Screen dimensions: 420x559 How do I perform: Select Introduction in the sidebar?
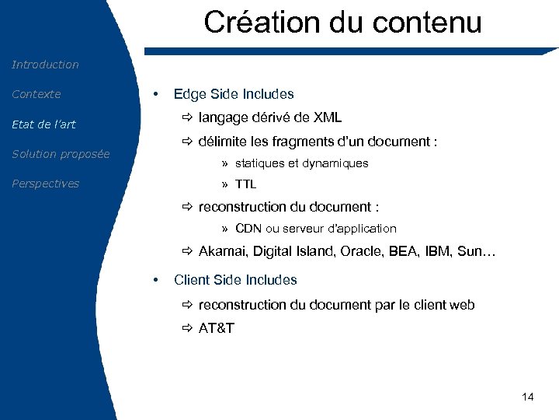coord(45,65)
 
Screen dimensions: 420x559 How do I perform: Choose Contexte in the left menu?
coord(36,94)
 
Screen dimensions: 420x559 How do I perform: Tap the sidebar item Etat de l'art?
coord(43,124)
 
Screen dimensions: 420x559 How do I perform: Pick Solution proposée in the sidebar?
coord(61,154)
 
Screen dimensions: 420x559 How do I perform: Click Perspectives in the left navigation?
coord(45,184)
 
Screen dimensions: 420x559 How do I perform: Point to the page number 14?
coord(527,397)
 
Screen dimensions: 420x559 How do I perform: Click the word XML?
coord(328,118)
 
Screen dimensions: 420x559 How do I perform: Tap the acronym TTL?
coord(245,184)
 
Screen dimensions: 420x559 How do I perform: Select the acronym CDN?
coord(248,229)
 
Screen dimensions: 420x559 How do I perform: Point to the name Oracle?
coord(363,251)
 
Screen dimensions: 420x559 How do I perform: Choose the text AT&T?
coord(216,327)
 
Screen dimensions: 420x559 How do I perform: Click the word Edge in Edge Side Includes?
coord(189,94)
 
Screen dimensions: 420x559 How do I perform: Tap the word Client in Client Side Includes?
coord(191,280)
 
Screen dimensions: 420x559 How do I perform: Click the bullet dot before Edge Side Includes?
coord(157,94)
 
